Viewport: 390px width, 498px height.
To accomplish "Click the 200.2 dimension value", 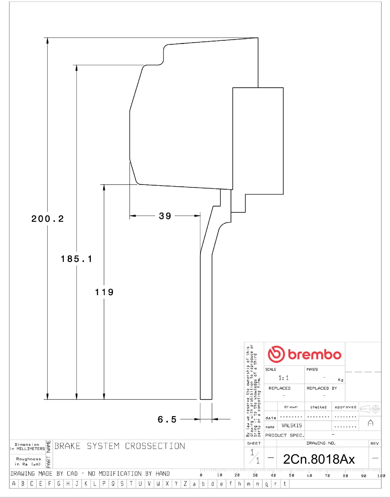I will coord(47,219).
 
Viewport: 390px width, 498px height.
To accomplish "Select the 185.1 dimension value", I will coord(76,259).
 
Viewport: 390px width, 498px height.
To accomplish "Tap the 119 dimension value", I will coord(104,292).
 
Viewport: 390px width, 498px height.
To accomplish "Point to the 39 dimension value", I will coord(165,216).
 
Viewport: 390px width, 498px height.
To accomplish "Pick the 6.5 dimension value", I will coord(167,419).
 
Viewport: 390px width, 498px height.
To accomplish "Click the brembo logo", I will coord(304,354).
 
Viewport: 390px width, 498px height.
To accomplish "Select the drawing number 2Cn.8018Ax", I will coord(319,459).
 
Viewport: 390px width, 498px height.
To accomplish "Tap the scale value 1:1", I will coord(283,378).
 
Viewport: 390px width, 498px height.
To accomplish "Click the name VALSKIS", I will coord(292,426).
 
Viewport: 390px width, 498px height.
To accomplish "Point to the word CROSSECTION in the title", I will coord(155,446).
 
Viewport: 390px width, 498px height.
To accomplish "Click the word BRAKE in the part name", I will coord(67,446).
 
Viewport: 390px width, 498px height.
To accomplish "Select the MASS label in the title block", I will coord(312,369).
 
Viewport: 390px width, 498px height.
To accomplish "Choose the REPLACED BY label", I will coord(322,388).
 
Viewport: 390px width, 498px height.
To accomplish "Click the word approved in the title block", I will coord(345,407).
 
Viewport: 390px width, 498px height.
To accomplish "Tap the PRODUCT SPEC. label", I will coord(284,435).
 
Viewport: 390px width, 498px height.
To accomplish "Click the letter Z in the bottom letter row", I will coord(185,484).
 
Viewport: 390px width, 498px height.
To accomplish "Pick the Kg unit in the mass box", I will coord(340,380).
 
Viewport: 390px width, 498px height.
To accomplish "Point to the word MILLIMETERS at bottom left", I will coord(31,449).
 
